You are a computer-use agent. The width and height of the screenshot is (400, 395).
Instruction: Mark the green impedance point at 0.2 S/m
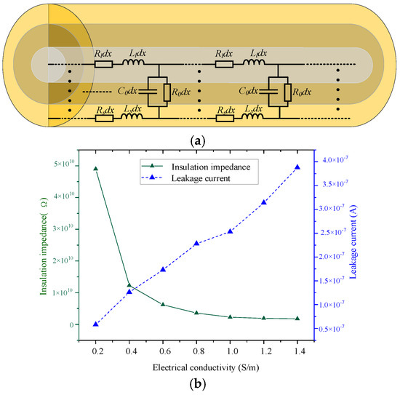[95, 168]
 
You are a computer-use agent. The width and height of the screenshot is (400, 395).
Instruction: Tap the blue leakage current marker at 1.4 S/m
[297, 167]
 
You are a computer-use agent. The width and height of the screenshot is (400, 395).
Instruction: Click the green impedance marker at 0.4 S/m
[129, 285]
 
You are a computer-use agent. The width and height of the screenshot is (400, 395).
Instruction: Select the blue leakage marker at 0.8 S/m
[196, 243]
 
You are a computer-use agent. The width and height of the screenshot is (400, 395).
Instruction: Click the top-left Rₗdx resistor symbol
[104, 64]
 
